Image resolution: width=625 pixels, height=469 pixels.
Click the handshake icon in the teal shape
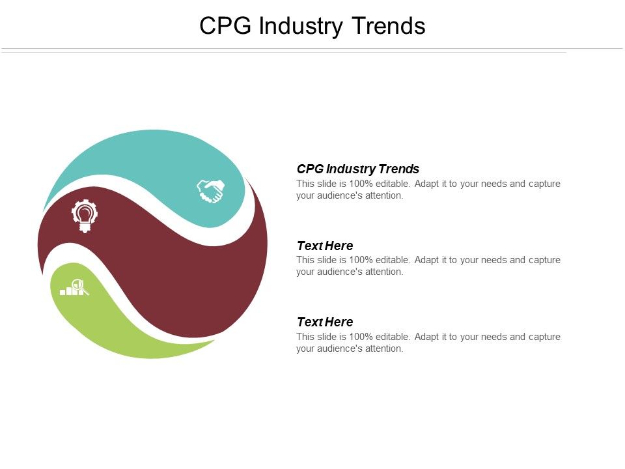click(x=210, y=191)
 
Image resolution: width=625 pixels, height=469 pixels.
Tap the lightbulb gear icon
click(x=85, y=216)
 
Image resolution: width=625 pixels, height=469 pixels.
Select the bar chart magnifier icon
click(x=74, y=287)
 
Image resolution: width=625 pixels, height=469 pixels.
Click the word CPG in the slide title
click(x=227, y=26)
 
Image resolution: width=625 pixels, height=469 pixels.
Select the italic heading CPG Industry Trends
click(x=357, y=169)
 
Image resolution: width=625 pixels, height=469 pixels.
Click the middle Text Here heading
click(x=324, y=246)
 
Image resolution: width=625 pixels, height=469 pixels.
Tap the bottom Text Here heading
click(x=324, y=322)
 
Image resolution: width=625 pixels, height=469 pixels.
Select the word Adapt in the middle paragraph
click(x=426, y=260)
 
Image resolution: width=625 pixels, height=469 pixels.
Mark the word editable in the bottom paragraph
click(x=392, y=337)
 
